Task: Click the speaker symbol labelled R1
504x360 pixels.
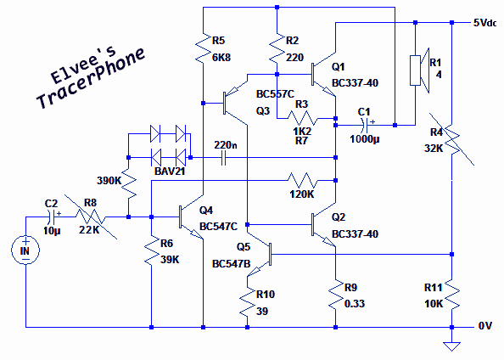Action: [419, 70]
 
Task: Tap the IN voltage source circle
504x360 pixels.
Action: [25, 250]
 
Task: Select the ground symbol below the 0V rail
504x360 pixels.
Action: [451, 346]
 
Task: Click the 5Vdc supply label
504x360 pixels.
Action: [484, 23]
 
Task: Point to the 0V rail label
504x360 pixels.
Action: [485, 326]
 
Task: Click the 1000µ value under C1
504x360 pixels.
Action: [365, 139]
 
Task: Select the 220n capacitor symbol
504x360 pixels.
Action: [224, 158]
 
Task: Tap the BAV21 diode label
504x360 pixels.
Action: [170, 171]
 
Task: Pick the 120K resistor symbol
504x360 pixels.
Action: [302, 181]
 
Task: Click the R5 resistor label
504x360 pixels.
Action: [218, 41]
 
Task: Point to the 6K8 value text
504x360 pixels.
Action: [221, 58]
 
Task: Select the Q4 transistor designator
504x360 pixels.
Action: [206, 210]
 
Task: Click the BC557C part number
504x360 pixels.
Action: [275, 94]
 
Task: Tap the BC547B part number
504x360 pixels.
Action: [231, 264]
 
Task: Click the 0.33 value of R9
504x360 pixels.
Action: [355, 304]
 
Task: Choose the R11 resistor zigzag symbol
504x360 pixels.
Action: [451, 295]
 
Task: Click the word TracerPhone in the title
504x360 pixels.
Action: [91, 79]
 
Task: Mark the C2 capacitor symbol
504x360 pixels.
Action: [52, 217]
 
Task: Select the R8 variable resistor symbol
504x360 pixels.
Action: [91, 217]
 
